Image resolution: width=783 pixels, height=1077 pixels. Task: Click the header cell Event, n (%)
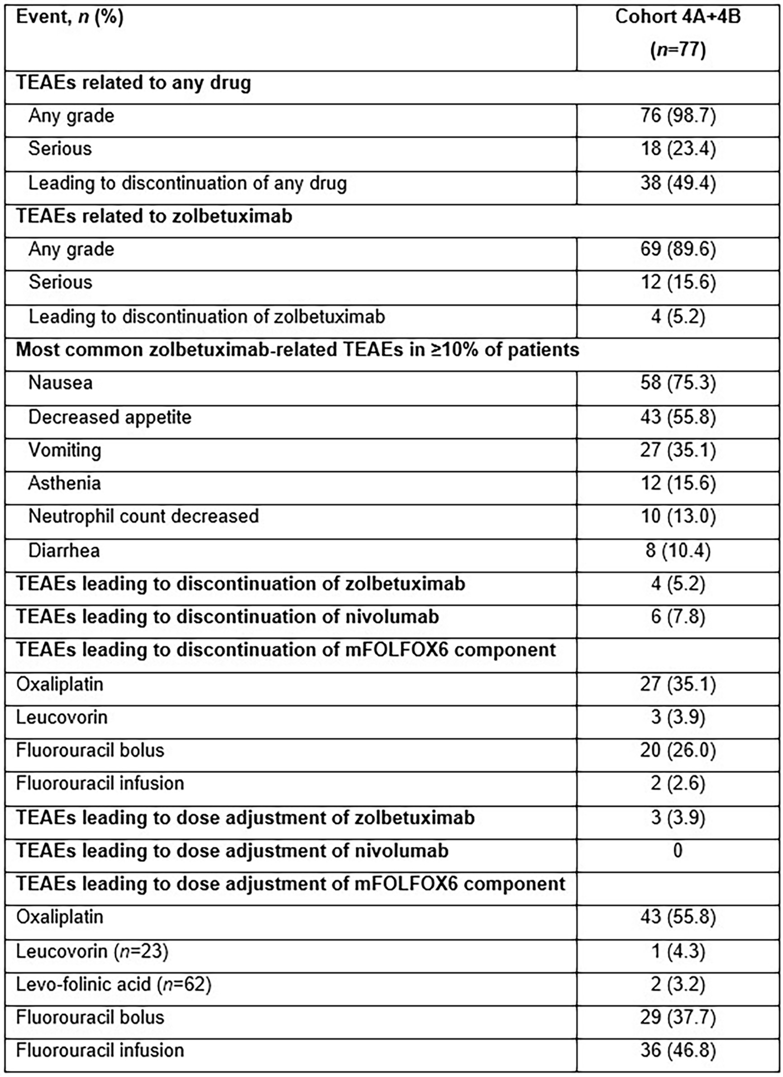pos(70,18)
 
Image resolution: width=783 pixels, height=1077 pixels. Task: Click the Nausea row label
pos(60,383)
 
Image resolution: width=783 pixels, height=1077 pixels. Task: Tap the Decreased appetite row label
pos(110,417)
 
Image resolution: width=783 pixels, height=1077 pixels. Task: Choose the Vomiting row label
pos(65,450)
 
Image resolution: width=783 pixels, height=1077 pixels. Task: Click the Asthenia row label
pos(65,484)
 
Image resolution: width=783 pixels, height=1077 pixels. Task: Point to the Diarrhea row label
pos(64,551)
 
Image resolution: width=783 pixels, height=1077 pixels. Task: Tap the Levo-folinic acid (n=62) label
pos(114,985)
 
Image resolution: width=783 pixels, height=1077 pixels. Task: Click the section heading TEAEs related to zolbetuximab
pos(154,217)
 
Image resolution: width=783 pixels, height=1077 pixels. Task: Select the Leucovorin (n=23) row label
pos(92,952)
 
